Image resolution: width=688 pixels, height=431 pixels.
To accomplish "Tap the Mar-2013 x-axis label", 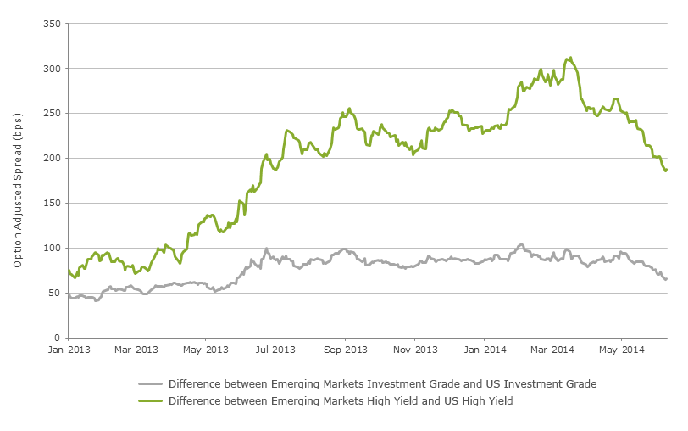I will pyautogui.click(x=136, y=350).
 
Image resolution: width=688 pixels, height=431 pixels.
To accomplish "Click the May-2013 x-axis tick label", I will pyautogui.click(x=206, y=350).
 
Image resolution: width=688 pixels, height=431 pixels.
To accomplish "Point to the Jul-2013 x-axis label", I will pyautogui.click(x=275, y=350).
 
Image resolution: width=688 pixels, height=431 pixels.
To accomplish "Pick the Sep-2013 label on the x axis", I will pyautogui.click(x=346, y=350).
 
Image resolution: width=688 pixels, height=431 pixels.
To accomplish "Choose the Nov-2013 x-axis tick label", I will pyautogui.click(x=415, y=350).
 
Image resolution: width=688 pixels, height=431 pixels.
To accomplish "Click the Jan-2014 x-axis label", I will pyautogui.click(x=485, y=350).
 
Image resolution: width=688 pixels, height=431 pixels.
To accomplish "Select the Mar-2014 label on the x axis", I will pyautogui.click(x=552, y=350).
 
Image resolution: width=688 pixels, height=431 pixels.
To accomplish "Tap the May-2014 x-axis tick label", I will pyautogui.click(x=621, y=350).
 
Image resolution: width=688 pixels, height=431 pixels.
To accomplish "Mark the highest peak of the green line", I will pyautogui.click(x=570, y=58).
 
